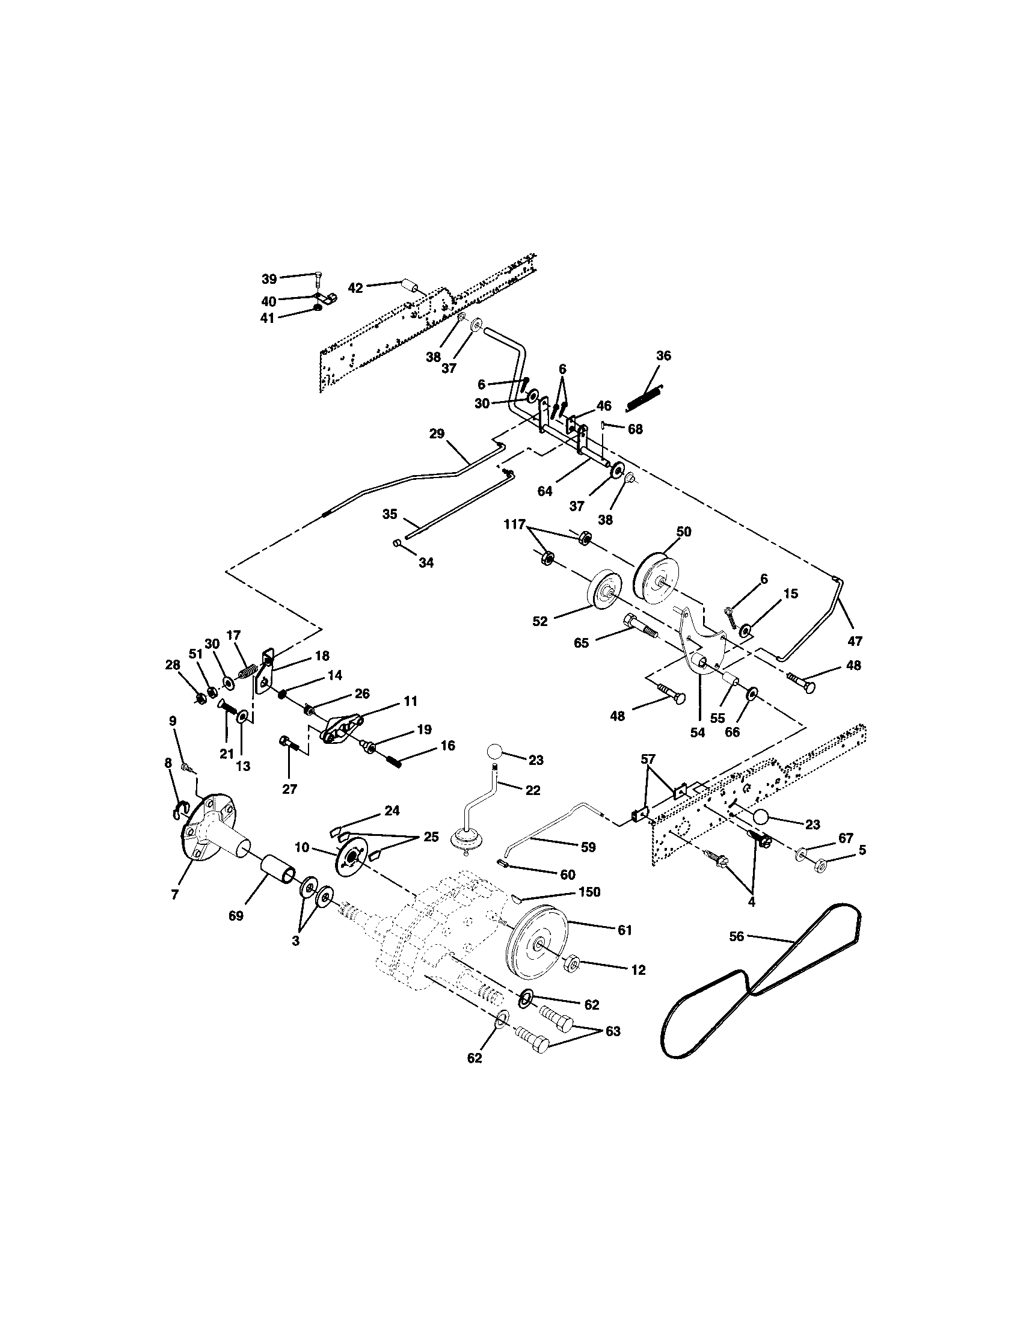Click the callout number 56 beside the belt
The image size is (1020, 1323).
coord(737,936)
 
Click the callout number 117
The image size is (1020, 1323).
coord(515,524)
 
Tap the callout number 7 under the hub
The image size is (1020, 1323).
coord(175,894)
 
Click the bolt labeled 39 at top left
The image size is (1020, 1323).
coord(319,281)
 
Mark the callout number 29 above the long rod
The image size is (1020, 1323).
coord(437,434)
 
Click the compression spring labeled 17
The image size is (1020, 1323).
coord(247,672)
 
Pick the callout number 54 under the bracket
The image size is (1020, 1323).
coord(698,732)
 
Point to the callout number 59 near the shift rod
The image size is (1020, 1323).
coord(588,847)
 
